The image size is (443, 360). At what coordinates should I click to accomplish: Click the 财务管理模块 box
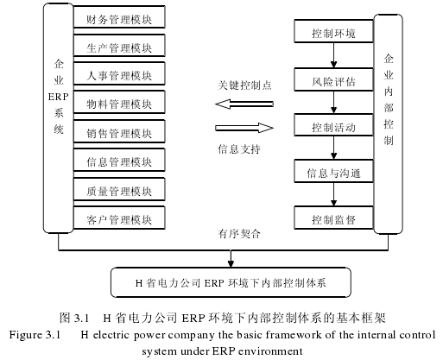[x=119, y=17]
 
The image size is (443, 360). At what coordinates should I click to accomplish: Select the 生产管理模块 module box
[x=119, y=46]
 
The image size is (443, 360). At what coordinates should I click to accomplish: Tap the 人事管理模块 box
[x=119, y=73]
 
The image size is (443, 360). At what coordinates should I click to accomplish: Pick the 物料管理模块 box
[x=119, y=102]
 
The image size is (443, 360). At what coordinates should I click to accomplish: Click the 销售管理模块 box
[x=119, y=131]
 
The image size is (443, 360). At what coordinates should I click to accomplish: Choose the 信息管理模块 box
[x=119, y=160]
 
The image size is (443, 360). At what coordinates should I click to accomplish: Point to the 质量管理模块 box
[x=119, y=189]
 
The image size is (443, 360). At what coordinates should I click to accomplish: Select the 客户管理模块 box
[x=119, y=218]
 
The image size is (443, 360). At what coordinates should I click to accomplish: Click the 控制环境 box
[x=333, y=31]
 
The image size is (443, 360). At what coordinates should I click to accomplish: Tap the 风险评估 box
[x=333, y=79]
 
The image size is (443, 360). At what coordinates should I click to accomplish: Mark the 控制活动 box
[x=333, y=125]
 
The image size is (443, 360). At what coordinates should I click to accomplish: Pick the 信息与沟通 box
[x=333, y=171]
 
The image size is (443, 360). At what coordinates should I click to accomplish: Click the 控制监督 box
[x=333, y=218]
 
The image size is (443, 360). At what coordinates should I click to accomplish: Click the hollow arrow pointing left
[x=244, y=104]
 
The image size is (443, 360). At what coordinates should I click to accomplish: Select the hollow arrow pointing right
[x=244, y=128]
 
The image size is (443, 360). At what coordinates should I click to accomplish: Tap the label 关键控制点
[x=244, y=85]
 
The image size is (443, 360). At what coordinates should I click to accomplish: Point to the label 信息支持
[x=239, y=149]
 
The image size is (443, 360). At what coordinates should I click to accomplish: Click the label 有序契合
[x=239, y=234]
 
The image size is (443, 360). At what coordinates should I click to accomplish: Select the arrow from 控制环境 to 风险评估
[x=333, y=55]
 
